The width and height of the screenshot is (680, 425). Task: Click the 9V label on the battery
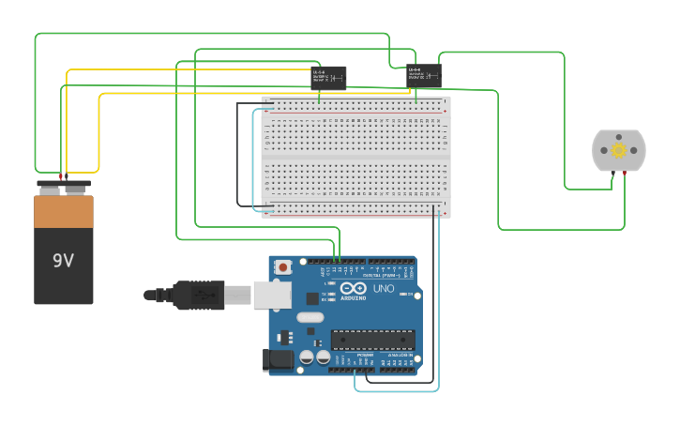tap(63, 261)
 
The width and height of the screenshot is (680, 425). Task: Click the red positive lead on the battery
tap(61, 176)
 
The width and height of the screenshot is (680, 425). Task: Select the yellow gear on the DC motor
tap(618, 150)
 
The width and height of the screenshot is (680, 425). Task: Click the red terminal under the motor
tap(625, 174)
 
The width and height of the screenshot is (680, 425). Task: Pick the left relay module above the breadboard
tap(328, 77)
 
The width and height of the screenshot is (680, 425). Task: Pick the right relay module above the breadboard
tap(424, 75)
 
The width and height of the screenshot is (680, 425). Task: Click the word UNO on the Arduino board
tap(384, 288)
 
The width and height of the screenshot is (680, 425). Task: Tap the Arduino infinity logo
tap(353, 289)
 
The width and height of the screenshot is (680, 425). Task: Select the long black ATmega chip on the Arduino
tap(372, 340)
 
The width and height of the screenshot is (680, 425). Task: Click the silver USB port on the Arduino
tap(272, 295)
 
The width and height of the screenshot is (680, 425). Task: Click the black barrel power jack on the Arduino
tap(279, 358)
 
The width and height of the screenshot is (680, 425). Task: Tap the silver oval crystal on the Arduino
tap(310, 317)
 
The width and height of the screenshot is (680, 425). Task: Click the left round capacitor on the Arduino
tap(307, 357)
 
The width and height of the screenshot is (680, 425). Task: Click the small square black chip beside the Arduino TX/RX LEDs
tap(312, 298)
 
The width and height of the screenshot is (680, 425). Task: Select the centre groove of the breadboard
tap(356, 157)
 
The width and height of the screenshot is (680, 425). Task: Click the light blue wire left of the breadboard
tap(253, 159)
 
